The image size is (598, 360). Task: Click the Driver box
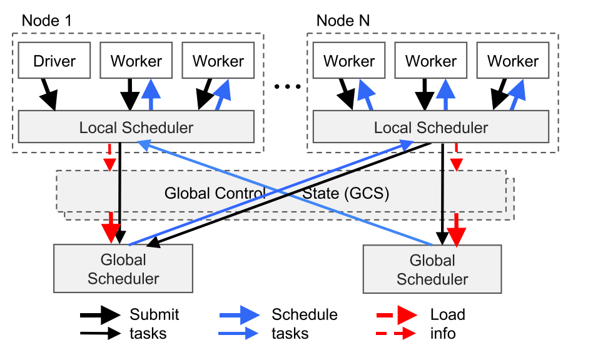pos(54,61)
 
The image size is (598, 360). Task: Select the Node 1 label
pos(47,20)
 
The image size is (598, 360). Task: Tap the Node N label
pos(343,20)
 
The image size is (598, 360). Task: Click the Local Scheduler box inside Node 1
pos(136,127)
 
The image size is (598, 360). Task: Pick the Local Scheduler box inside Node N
pos(430,127)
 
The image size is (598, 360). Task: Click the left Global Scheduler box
pos(123,269)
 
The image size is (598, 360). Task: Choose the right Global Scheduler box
pos(432,269)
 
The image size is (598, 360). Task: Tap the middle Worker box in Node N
pos(431,61)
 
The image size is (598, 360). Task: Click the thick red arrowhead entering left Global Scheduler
pos(111,231)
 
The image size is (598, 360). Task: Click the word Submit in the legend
pos(155,314)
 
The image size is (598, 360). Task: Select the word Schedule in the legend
pos(305,314)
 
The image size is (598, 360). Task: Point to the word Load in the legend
pos(447,314)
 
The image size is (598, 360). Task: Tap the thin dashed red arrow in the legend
pos(397,334)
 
